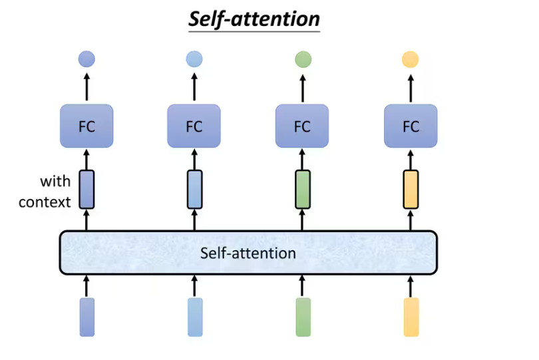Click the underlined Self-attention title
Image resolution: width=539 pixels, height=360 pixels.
pyautogui.click(x=254, y=19)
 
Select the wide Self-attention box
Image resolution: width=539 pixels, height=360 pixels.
pyautogui.click(x=248, y=252)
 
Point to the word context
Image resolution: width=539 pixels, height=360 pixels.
pyautogui.click(x=45, y=202)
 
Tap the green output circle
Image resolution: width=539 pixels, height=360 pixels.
pyautogui.click(x=303, y=60)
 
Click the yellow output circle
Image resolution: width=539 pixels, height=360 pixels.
pyautogui.click(x=411, y=60)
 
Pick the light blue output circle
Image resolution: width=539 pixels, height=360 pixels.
pyautogui.click(x=194, y=60)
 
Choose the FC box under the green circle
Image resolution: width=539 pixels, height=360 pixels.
pyautogui.click(x=302, y=126)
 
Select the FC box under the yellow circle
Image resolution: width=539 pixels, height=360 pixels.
pyautogui.click(x=411, y=126)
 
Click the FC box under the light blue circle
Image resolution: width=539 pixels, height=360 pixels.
pyautogui.click(x=194, y=126)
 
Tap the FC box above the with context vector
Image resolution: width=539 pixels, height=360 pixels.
pyautogui.click(x=87, y=126)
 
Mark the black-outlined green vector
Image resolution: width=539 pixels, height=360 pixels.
pyautogui.click(x=303, y=190)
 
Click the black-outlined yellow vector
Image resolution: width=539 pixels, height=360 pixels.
pyautogui.click(x=411, y=190)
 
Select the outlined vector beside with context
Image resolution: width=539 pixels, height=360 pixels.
pyautogui.click(x=87, y=190)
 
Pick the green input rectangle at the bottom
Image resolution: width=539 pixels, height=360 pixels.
pyautogui.click(x=303, y=317)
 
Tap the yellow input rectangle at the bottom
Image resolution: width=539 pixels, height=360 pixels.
pyautogui.click(x=411, y=317)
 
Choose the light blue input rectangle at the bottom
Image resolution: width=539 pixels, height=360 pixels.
pyautogui.click(x=195, y=317)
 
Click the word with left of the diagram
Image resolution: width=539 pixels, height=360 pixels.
pyautogui.click(x=55, y=181)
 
